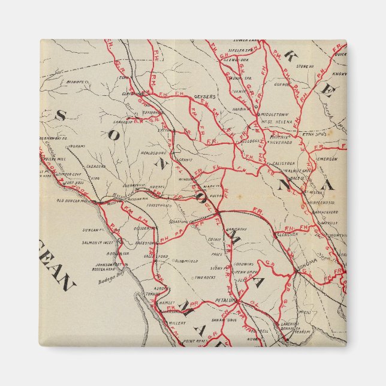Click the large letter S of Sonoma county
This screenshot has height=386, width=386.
point(60,116)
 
